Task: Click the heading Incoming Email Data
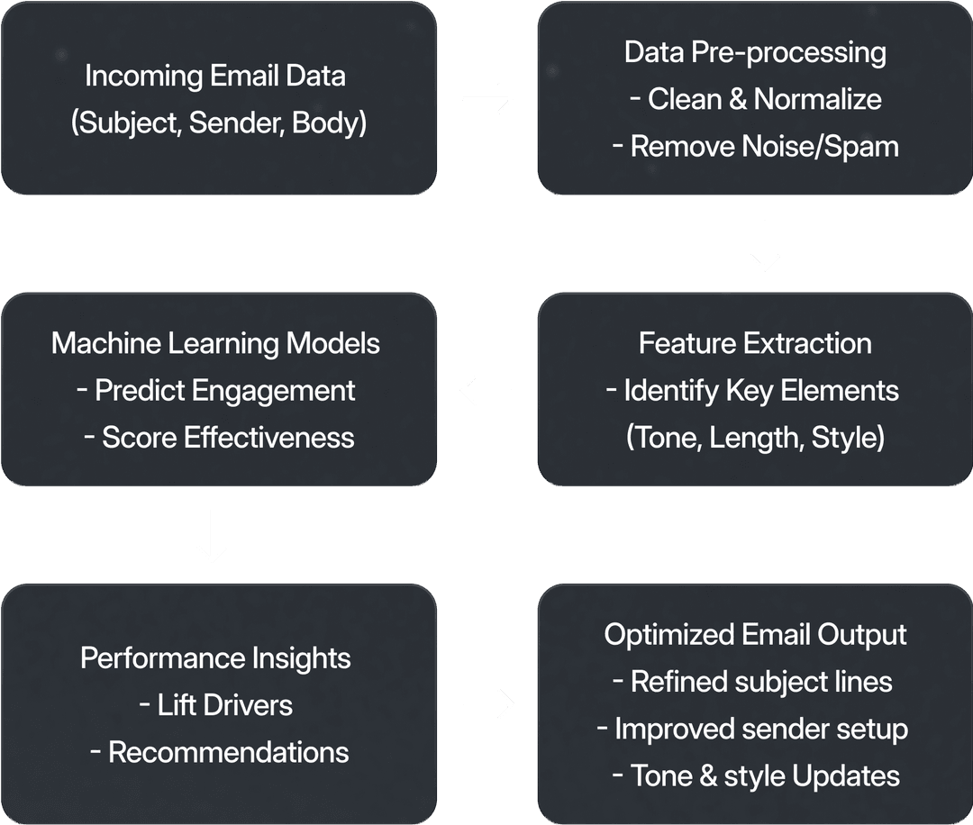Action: coord(215,76)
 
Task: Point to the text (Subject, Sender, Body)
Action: coord(219,122)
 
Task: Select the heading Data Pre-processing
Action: coord(755,52)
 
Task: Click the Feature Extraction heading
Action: coord(755,343)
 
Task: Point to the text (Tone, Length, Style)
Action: coord(755,438)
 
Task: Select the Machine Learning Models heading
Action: coord(215,343)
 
